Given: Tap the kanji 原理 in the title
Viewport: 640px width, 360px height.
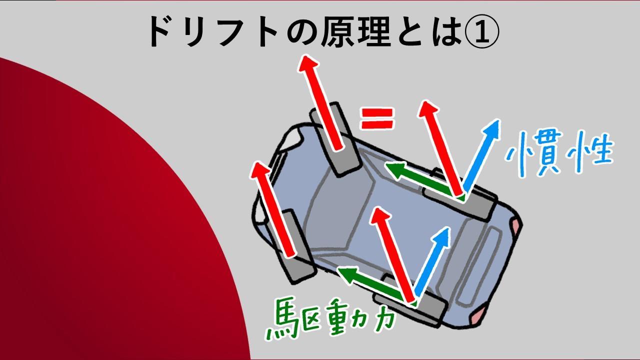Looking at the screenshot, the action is [355, 31].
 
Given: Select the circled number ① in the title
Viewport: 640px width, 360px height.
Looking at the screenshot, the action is [482, 32].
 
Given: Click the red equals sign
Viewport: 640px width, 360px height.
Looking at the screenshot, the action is [377, 118].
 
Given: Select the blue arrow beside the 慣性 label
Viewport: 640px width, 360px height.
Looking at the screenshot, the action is [481, 155].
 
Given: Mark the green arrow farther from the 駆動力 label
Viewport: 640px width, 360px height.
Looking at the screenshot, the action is [424, 179].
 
